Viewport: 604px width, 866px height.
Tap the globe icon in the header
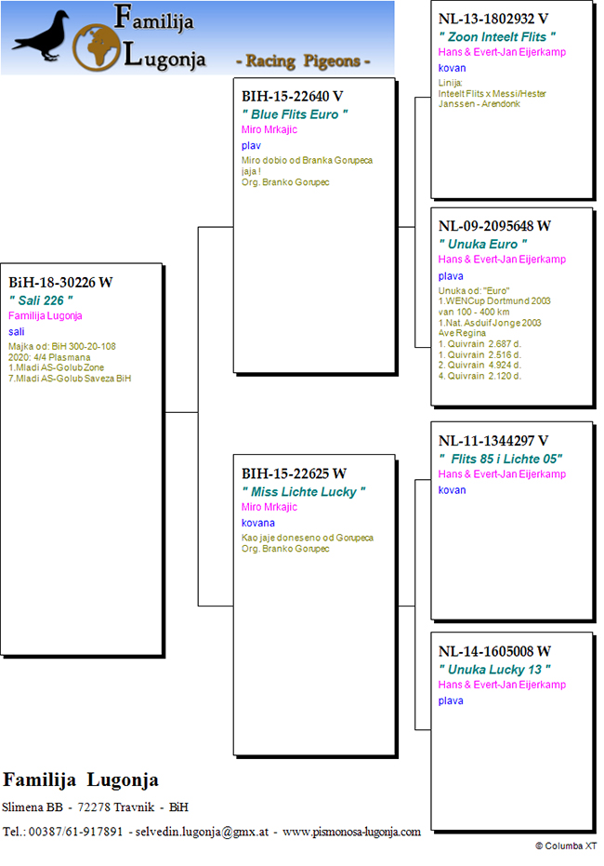click(x=97, y=47)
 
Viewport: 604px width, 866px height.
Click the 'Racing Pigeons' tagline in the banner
click(x=303, y=60)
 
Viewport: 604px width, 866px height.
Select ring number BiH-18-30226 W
click(x=60, y=282)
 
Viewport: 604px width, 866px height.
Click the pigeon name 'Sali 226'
click(x=41, y=300)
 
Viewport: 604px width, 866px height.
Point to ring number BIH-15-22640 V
click(x=293, y=96)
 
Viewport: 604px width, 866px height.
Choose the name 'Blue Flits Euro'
click(x=295, y=114)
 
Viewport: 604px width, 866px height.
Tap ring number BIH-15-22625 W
click(x=294, y=473)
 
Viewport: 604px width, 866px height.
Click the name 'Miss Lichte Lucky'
click(x=303, y=491)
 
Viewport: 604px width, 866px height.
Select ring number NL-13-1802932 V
click(x=493, y=19)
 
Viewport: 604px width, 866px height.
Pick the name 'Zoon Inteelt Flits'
click(x=497, y=37)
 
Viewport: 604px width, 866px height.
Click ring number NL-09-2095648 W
click(x=494, y=226)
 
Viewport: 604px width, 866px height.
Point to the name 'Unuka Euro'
click(x=482, y=244)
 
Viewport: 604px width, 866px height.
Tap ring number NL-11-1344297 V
click(x=493, y=441)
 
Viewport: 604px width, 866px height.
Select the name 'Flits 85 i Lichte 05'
click(x=500, y=459)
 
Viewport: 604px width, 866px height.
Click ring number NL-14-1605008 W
click(x=494, y=651)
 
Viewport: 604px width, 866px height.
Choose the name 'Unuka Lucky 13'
click(x=494, y=670)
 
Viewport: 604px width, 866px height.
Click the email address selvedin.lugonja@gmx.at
click(x=202, y=832)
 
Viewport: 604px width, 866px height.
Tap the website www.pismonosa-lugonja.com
click(x=351, y=832)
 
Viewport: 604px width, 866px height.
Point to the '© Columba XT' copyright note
click(x=566, y=846)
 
